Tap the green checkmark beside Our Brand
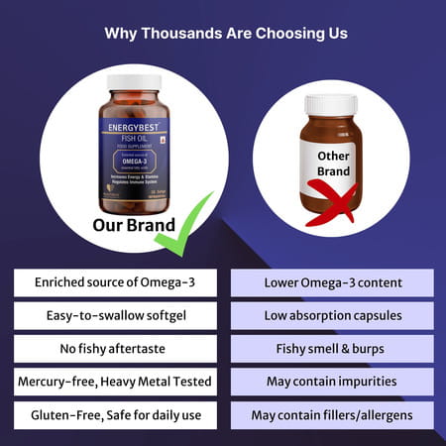tap(184, 226)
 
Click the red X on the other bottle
tap(330, 203)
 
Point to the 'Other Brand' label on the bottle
tap(332, 165)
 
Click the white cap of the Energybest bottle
tap(134, 81)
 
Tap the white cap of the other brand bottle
tap(331, 104)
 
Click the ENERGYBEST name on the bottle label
tap(134, 128)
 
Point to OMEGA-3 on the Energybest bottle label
tap(133, 167)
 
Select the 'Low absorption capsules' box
tap(332, 315)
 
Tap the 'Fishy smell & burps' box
tap(332, 348)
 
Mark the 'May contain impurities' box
tap(332, 381)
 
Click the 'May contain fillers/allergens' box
tap(332, 413)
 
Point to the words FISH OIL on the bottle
tap(134, 140)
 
